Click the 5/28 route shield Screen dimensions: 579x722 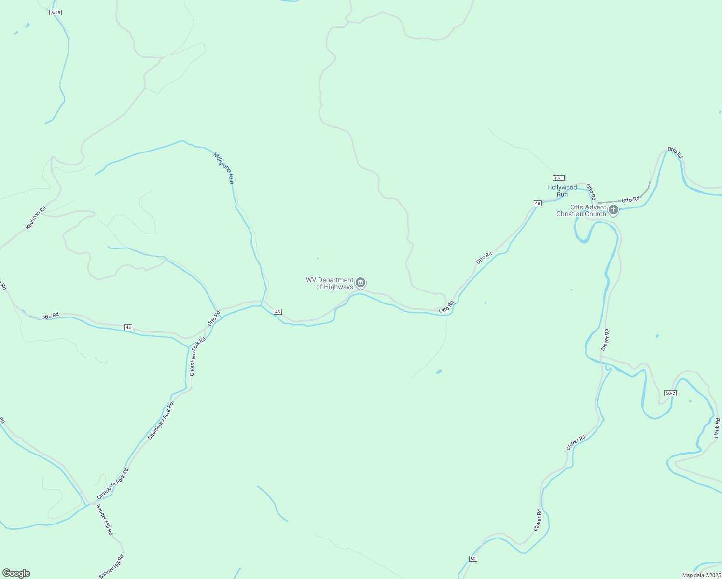click(x=56, y=12)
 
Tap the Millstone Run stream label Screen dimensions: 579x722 click(x=224, y=168)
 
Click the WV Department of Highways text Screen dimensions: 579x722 click(x=330, y=283)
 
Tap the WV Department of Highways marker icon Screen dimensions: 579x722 click(x=361, y=283)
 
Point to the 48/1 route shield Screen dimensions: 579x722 click(x=558, y=178)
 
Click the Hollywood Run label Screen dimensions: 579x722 click(x=562, y=191)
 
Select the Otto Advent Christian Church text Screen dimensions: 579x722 click(x=581, y=210)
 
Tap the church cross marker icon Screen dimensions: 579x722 click(x=613, y=209)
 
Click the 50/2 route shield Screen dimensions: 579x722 click(x=670, y=393)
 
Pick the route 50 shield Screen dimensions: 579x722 click(x=472, y=559)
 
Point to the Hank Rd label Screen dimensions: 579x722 click(x=717, y=428)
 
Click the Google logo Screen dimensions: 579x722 click(x=16, y=573)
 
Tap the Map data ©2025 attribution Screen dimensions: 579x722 click(x=701, y=575)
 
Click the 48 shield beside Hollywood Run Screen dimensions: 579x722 click(x=538, y=203)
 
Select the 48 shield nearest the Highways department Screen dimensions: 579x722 click(x=278, y=312)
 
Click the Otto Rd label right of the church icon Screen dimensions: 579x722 click(x=630, y=200)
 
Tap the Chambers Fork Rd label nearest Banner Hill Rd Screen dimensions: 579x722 click(x=113, y=484)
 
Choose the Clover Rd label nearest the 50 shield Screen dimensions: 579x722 click(x=538, y=520)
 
